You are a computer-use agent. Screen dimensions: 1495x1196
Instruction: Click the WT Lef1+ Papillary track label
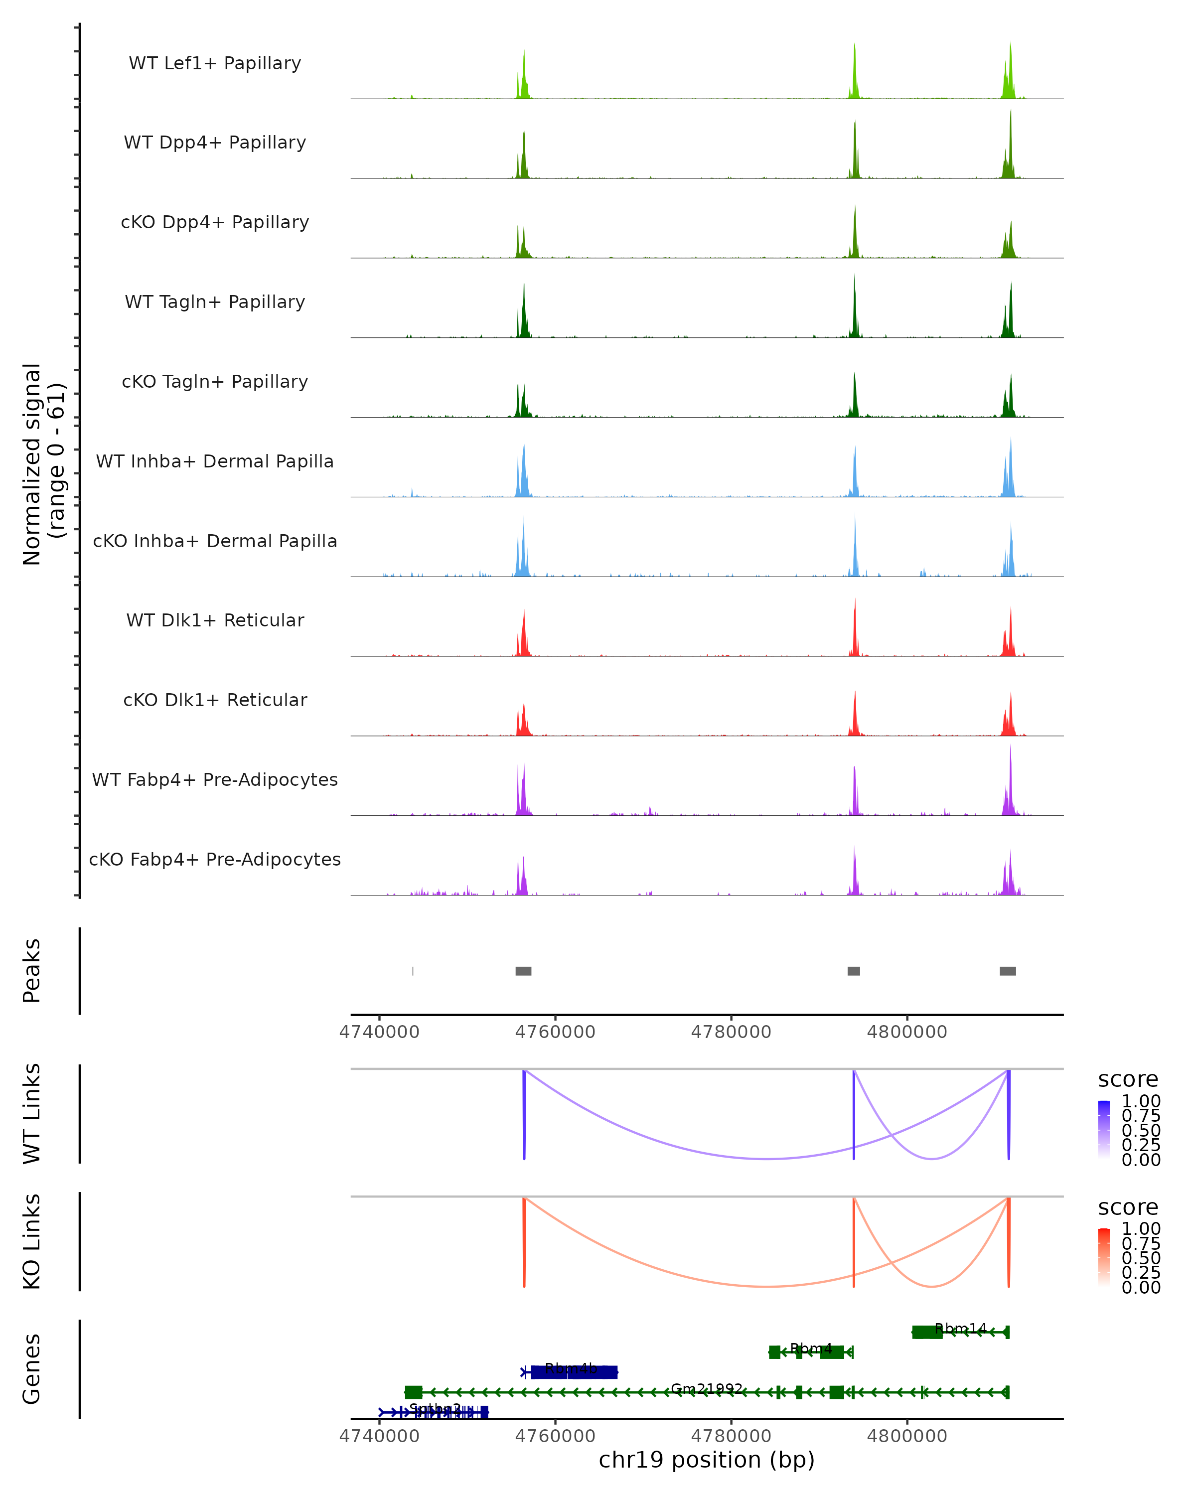click(215, 63)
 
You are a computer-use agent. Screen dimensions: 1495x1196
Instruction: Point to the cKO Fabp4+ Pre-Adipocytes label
click(215, 859)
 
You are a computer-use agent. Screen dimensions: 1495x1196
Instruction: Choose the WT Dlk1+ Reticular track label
click(215, 620)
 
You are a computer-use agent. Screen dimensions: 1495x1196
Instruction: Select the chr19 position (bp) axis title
click(707, 1460)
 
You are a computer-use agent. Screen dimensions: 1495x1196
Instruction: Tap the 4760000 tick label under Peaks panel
click(555, 1032)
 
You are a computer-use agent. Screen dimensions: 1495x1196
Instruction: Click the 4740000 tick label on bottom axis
click(379, 1436)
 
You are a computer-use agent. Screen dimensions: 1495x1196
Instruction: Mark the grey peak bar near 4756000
click(523, 971)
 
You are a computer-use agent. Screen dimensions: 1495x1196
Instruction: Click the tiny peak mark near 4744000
click(413, 971)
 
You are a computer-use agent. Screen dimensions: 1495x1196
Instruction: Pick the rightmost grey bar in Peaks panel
click(1008, 971)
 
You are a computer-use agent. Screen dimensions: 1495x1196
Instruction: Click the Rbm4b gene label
click(571, 1368)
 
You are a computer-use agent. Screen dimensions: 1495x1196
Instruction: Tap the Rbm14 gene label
click(960, 1329)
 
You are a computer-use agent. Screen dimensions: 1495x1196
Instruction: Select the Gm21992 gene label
click(707, 1389)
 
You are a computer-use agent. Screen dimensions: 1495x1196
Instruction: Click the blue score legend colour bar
click(1104, 1130)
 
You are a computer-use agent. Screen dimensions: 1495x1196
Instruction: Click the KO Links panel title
click(32, 1242)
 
